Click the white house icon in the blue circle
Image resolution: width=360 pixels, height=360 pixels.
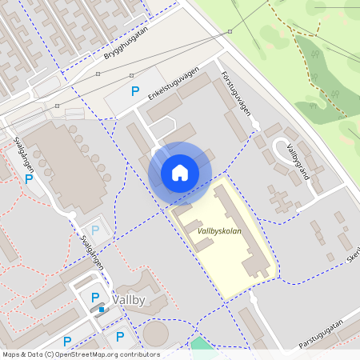[x=180, y=172]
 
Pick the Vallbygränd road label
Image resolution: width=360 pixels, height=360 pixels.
[x=298, y=162]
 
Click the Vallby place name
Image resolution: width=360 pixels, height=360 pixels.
[x=129, y=300]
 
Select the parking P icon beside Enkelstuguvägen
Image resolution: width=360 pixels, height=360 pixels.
[x=135, y=93]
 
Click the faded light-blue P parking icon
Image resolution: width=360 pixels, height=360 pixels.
[x=95, y=230]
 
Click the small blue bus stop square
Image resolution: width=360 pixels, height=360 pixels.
[x=102, y=308]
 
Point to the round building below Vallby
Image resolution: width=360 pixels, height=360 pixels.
[x=157, y=334]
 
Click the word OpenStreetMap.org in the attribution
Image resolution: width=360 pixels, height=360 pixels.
[x=98, y=354]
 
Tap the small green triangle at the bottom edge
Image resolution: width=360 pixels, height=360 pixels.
[x=199, y=346]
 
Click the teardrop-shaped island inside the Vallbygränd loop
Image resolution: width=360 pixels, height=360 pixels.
[x=285, y=149]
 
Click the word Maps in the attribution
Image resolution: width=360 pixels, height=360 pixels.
[x=12, y=354]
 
